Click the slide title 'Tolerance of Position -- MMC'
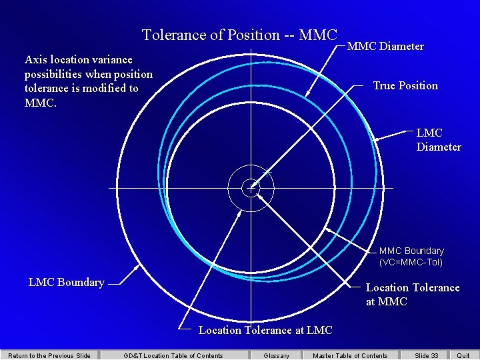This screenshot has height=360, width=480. coord(239,35)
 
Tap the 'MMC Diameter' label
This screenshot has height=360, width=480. coord(385,47)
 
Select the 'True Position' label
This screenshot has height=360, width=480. coord(405,85)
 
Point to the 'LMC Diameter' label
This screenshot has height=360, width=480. coord(438,140)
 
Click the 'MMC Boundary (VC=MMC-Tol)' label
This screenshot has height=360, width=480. coord(411,257)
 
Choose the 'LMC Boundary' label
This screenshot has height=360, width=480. coord(66,283)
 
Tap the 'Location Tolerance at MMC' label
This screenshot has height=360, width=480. coord(412,295)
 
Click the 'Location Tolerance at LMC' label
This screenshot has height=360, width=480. coord(265,330)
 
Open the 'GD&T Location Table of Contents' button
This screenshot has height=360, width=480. coord(173,355)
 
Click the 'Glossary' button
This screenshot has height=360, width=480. coord(277,355)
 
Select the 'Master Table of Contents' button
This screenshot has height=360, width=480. coord(350,355)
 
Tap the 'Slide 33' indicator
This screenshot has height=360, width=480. coord(426,355)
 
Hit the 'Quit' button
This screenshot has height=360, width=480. coord(463,355)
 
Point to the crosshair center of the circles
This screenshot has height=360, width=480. coord(251,188)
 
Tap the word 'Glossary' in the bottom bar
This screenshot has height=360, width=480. coord(277,355)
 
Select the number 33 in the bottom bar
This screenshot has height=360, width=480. coord(434,355)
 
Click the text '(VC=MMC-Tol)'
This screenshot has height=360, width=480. coord(411,262)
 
